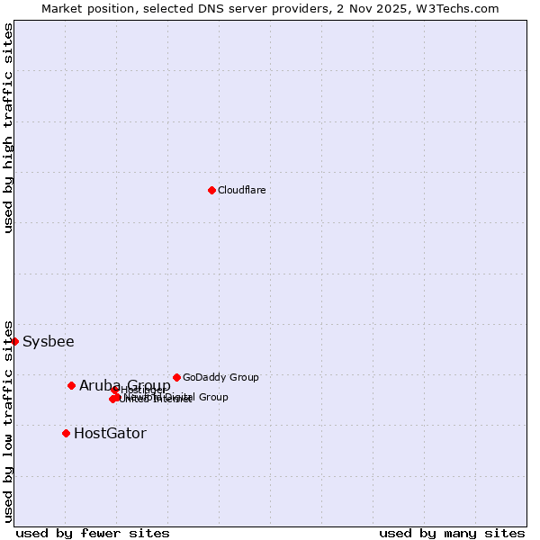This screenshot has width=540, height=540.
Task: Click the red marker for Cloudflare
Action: click(x=211, y=190)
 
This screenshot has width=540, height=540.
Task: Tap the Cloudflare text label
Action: click(x=241, y=190)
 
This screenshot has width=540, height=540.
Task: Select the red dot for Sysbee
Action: click(x=15, y=341)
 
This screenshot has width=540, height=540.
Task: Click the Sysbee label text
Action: click(x=49, y=342)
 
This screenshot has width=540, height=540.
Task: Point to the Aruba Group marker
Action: click(x=71, y=385)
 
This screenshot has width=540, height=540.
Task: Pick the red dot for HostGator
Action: click(x=66, y=433)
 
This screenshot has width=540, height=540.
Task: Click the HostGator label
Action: click(x=110, y=434)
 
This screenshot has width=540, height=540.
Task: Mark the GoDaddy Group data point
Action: click(x=176, y=377)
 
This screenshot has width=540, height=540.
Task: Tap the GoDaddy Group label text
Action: click(x=220, y=377)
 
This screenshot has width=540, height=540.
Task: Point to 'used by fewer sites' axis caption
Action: click(x=93, y=533)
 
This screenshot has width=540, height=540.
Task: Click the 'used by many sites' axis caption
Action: click(x=452, y=533)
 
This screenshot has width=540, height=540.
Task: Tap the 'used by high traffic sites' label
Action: click(x=8, y=128)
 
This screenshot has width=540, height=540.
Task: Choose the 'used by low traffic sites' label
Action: click(x=8, y=420)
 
